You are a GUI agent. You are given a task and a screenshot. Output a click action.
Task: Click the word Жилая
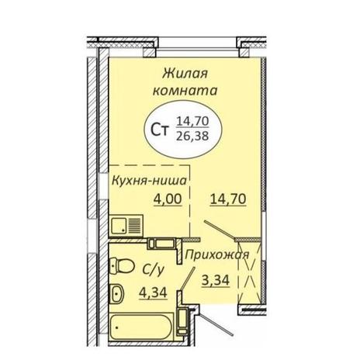pyautogui.click(x=185, y=74)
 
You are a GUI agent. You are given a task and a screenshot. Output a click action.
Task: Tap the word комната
pyautogui.click(x=185, y=91)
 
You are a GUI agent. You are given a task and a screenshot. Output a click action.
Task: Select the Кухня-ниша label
pyautogui.click(x=149, y=181)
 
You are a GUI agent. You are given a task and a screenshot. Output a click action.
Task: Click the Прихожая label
pyautogui.click(x=217, y=255)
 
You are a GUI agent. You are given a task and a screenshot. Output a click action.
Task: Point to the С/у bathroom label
pyautogui.click(x=153, y=270)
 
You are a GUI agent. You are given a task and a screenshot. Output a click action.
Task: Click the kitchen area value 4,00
pyautogui.click(x=168, y=199)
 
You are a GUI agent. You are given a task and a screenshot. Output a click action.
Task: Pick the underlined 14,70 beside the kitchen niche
pyautogui.click(x=228, y=199)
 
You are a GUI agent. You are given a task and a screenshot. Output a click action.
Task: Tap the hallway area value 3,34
pyautogui.click(x=216, y=280)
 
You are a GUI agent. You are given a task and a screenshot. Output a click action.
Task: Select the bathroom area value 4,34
pyautogui.click(x=153, y=292)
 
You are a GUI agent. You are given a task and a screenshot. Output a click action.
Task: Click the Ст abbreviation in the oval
pyautogui.click(x=160, y=130)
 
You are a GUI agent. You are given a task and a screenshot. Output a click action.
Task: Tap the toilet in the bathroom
pyautogui.click(x=122, y=265)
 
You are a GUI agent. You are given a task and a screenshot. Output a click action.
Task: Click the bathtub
pyautogui.click(x=141, y=327)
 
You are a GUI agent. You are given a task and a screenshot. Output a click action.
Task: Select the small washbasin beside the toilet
pyautogui.click(x=117, y=293)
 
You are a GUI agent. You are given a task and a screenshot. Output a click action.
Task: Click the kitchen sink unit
pyautogui.click(x=126, y=224)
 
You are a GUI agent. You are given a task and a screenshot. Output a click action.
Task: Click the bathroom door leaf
pyautogui.click(x=188, y=279)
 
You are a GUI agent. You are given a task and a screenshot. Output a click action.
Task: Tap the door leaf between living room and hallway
pyautogui.click(x=220, y=229)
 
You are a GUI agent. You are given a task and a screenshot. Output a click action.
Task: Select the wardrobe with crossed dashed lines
pyautogui.click(x=249, y=272)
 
